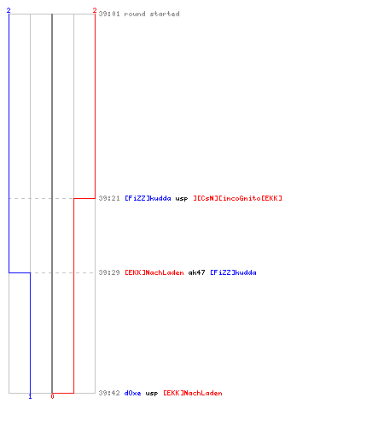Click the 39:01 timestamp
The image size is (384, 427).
pos(109,14)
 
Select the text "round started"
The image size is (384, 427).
pos(152,14)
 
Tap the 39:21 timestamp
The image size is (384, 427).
pos(109,198)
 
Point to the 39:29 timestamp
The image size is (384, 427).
pos(109,272)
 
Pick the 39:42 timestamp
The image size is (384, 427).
pos(109,393)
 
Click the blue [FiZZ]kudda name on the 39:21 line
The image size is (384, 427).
pos(148,198)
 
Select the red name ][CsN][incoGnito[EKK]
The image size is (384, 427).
pos(238,198)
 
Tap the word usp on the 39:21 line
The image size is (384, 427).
pos(182,199)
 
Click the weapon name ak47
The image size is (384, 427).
pos(196,272)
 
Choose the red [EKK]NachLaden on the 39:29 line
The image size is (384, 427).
pos(154,272)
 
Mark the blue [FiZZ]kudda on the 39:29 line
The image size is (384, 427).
pos(233,272)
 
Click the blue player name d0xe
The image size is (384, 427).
pos(133,393)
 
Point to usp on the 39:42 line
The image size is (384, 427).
pos(152,394)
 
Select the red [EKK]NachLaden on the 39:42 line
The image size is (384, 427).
pos(193,393)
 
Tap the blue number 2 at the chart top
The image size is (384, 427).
pos(9,10)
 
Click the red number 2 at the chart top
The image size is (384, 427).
pos(95,10)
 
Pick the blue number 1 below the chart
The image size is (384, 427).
pos(30,396)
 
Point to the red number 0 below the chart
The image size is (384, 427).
pos(52,396)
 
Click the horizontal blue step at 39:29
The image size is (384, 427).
pos(20,272)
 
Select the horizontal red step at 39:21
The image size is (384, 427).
pos(84,198)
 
